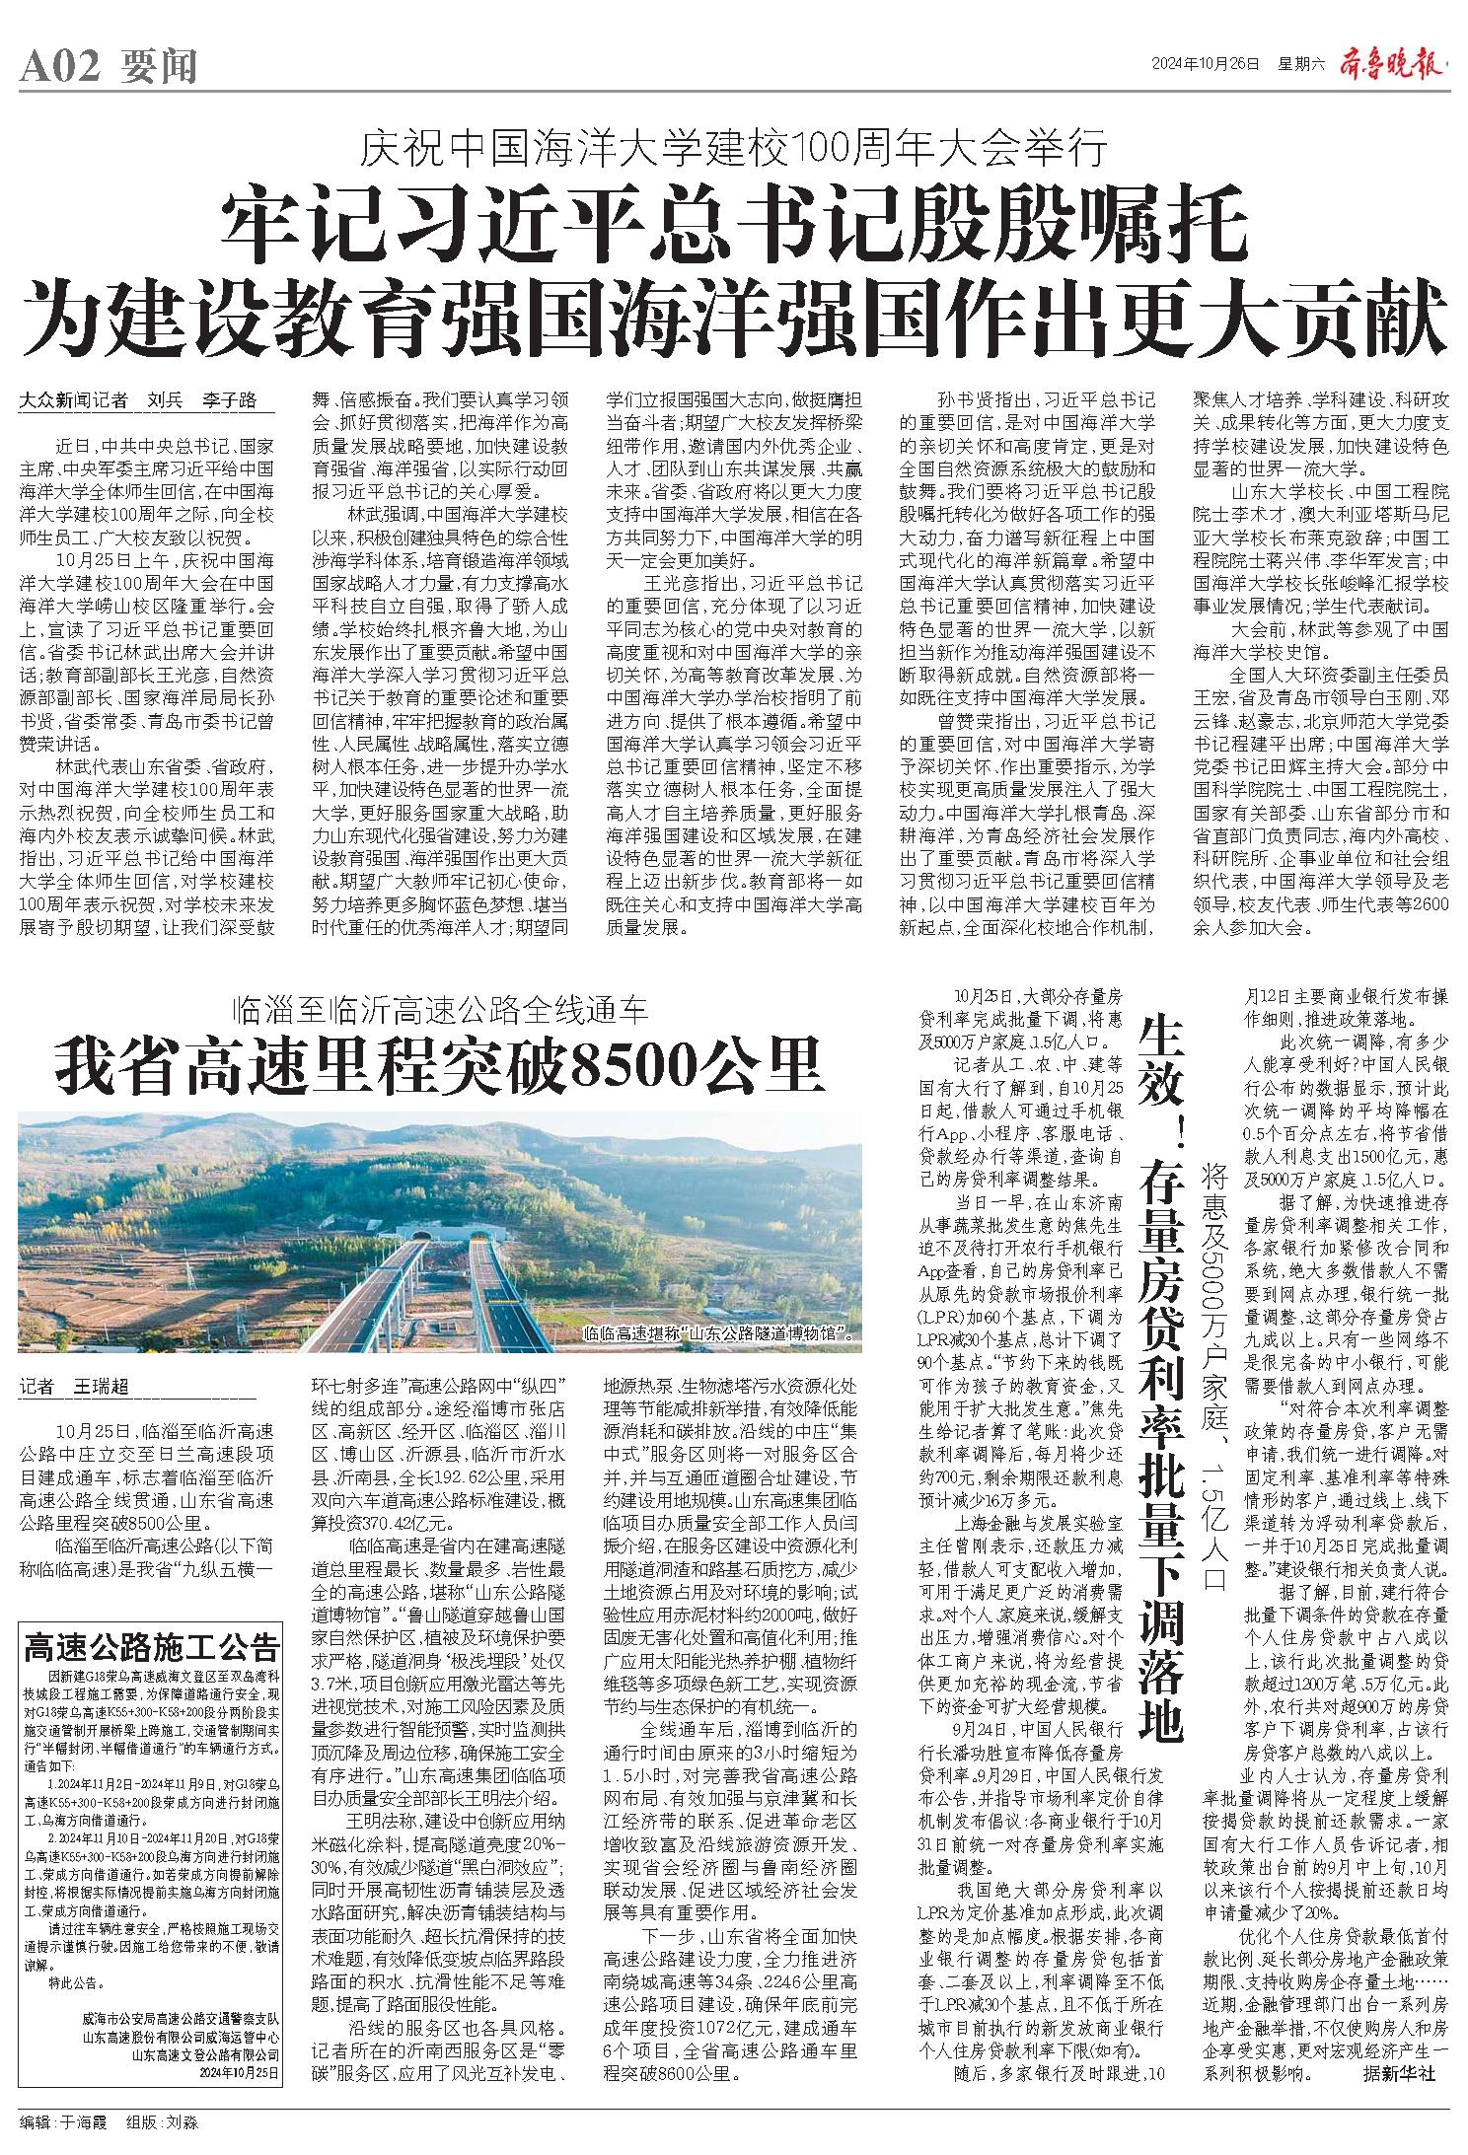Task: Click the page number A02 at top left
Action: pos(60,67)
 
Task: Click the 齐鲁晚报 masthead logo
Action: pos(1393,65)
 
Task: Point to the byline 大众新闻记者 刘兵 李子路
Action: pos(138,401)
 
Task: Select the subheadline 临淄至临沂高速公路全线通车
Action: pos(438,1009)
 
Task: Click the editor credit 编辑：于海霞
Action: pos(61,2115)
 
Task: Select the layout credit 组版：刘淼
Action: pos(162,2115)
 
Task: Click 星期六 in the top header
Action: pos(1300,65)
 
